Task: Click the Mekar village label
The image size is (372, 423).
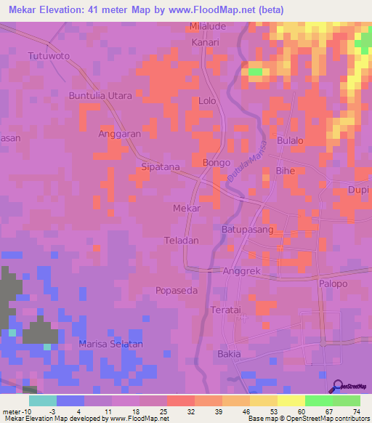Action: pos(187,208)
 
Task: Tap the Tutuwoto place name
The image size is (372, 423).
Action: pos(47,55)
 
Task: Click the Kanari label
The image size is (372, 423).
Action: pos(205,43)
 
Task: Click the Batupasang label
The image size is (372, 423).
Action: pos(247,229)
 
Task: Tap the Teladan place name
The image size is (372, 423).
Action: pos(182,240)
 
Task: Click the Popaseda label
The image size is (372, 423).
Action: pos(177,290)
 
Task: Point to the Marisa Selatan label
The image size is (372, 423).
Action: pos(111,344)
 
